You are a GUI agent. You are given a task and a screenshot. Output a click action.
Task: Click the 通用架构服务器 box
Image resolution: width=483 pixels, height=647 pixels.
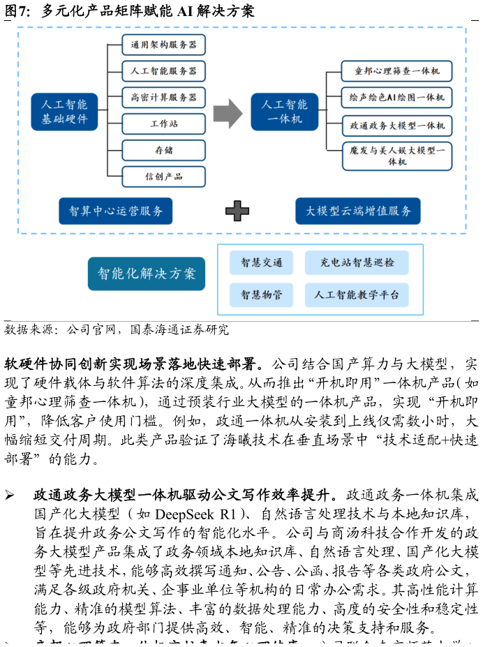click(x=163, y=45)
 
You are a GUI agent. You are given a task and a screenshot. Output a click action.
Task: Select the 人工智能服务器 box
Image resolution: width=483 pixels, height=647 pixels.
click(x=163, y=71)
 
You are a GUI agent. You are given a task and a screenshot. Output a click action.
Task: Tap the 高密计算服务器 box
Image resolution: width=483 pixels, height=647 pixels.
click(x=163, y=97)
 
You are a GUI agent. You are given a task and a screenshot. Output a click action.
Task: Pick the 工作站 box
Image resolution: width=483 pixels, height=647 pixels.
click(x=163, y=124)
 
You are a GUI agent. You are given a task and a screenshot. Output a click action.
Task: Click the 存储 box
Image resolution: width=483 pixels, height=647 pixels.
click(x=163, y=150)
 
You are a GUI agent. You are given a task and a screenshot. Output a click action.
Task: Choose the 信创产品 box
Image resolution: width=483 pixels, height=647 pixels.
click(x=163, y=177)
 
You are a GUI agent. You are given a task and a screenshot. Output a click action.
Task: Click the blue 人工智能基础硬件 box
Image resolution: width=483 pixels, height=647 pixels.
click(x=64, y=112)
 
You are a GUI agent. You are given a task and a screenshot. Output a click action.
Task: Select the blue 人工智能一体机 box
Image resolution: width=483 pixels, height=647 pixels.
click(x=284, y=112)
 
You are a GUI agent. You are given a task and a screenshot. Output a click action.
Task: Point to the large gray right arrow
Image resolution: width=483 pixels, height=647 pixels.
click(x=227, y=113)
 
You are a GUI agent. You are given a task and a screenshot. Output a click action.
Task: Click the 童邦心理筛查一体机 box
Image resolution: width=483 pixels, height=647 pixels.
click(x=396, y=71)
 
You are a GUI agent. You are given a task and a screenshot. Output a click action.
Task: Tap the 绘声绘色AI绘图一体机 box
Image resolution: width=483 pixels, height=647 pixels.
click(x=396, y=98)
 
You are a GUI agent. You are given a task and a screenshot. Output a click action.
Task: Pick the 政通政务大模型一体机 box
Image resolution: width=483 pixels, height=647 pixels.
click(x=396, y=126)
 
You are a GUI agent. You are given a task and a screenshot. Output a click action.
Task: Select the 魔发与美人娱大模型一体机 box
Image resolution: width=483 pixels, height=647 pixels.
click(x=396, y=156)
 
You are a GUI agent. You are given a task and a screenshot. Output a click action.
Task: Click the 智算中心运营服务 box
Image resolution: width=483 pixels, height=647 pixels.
click(x=115, y=211)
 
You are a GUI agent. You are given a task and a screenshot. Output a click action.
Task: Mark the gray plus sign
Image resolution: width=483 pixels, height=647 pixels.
click(x=237, y=211)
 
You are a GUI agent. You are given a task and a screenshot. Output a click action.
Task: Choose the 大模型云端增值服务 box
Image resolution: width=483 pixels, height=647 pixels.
click(x=357, y=211)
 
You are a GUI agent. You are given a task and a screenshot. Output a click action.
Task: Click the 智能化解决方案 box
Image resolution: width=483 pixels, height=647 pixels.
click(x=147, y=274)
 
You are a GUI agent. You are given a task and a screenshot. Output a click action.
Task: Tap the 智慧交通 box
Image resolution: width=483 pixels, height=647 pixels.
click(x=261, y=263)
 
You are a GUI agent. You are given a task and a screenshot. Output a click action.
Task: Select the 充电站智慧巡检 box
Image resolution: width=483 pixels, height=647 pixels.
click(x=357, y=263)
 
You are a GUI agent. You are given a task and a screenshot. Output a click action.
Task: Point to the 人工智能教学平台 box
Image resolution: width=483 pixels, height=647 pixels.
click(x=357, y=295)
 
